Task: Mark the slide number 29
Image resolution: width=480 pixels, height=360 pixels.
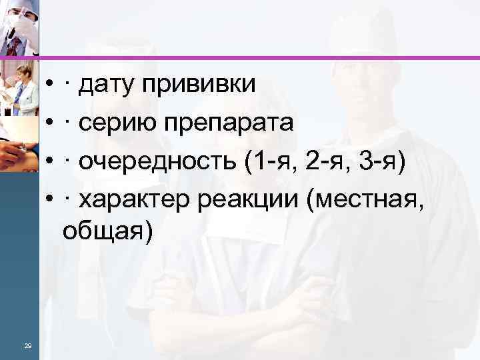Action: (x=27, y=344)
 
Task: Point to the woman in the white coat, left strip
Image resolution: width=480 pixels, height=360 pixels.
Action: (x=21, y=87)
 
